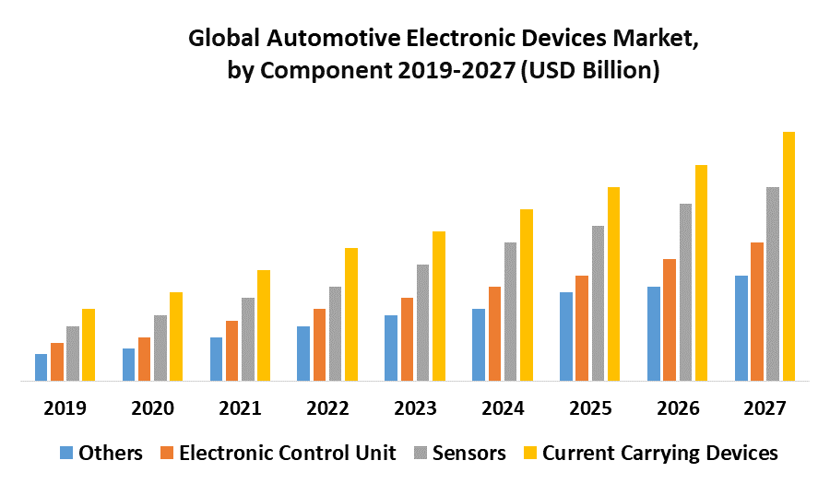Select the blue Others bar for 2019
coord(41,367)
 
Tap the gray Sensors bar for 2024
coord(510,311)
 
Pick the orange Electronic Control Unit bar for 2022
coord(319,344)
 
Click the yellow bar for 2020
coord(175,336)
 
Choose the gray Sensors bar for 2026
coord(685,291)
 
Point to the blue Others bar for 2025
coord(566,336)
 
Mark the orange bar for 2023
coord(407,338)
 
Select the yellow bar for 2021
coord(263,325)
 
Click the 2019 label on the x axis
coord(65,407)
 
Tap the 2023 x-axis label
coord(415,407)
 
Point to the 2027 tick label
coord(765,407)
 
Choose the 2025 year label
coord(589,407)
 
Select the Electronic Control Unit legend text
coord(288,453)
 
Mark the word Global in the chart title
coord(220,41)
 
